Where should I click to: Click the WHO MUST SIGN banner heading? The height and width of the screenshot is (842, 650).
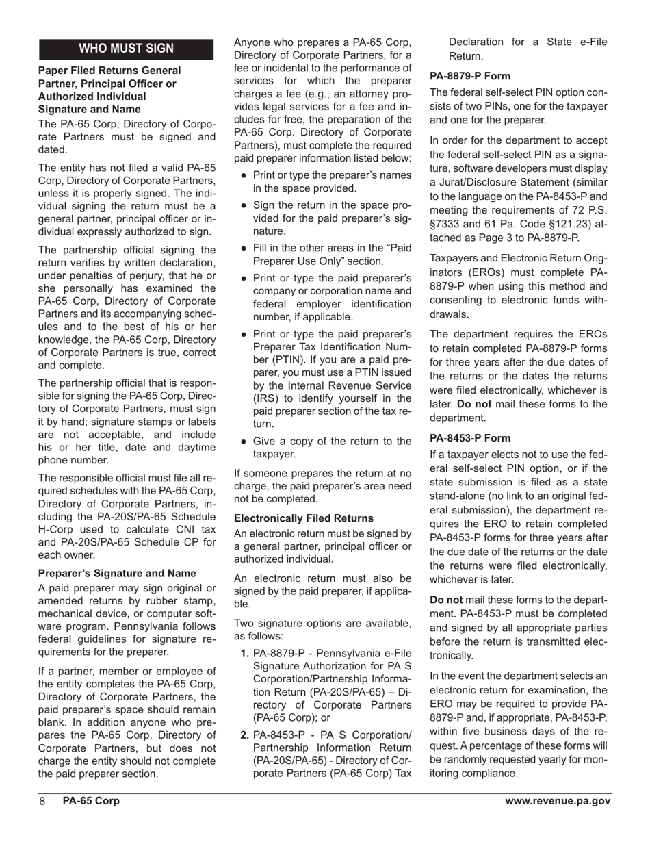[x=127, y=49]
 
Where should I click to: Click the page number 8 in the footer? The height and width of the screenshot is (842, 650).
[x=42, y=801]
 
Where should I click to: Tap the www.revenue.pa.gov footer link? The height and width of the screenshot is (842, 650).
[x=558, y=801]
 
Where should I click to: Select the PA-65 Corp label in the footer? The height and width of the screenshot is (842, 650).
[x=90, y=801]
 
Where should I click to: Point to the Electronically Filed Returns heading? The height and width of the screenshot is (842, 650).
[x=304, y=518]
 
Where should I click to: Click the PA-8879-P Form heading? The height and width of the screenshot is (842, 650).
[x=470, y=77]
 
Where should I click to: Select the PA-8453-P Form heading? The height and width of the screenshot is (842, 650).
[x=470, y=438]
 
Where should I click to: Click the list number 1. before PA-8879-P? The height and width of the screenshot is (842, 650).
[x=245, y=654]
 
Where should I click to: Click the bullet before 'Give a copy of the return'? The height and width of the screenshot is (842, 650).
[x=244, y=442]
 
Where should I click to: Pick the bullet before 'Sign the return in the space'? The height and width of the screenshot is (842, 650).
[x=244, y=205]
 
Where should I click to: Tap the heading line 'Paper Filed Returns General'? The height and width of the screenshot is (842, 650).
[x=109, y=71]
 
